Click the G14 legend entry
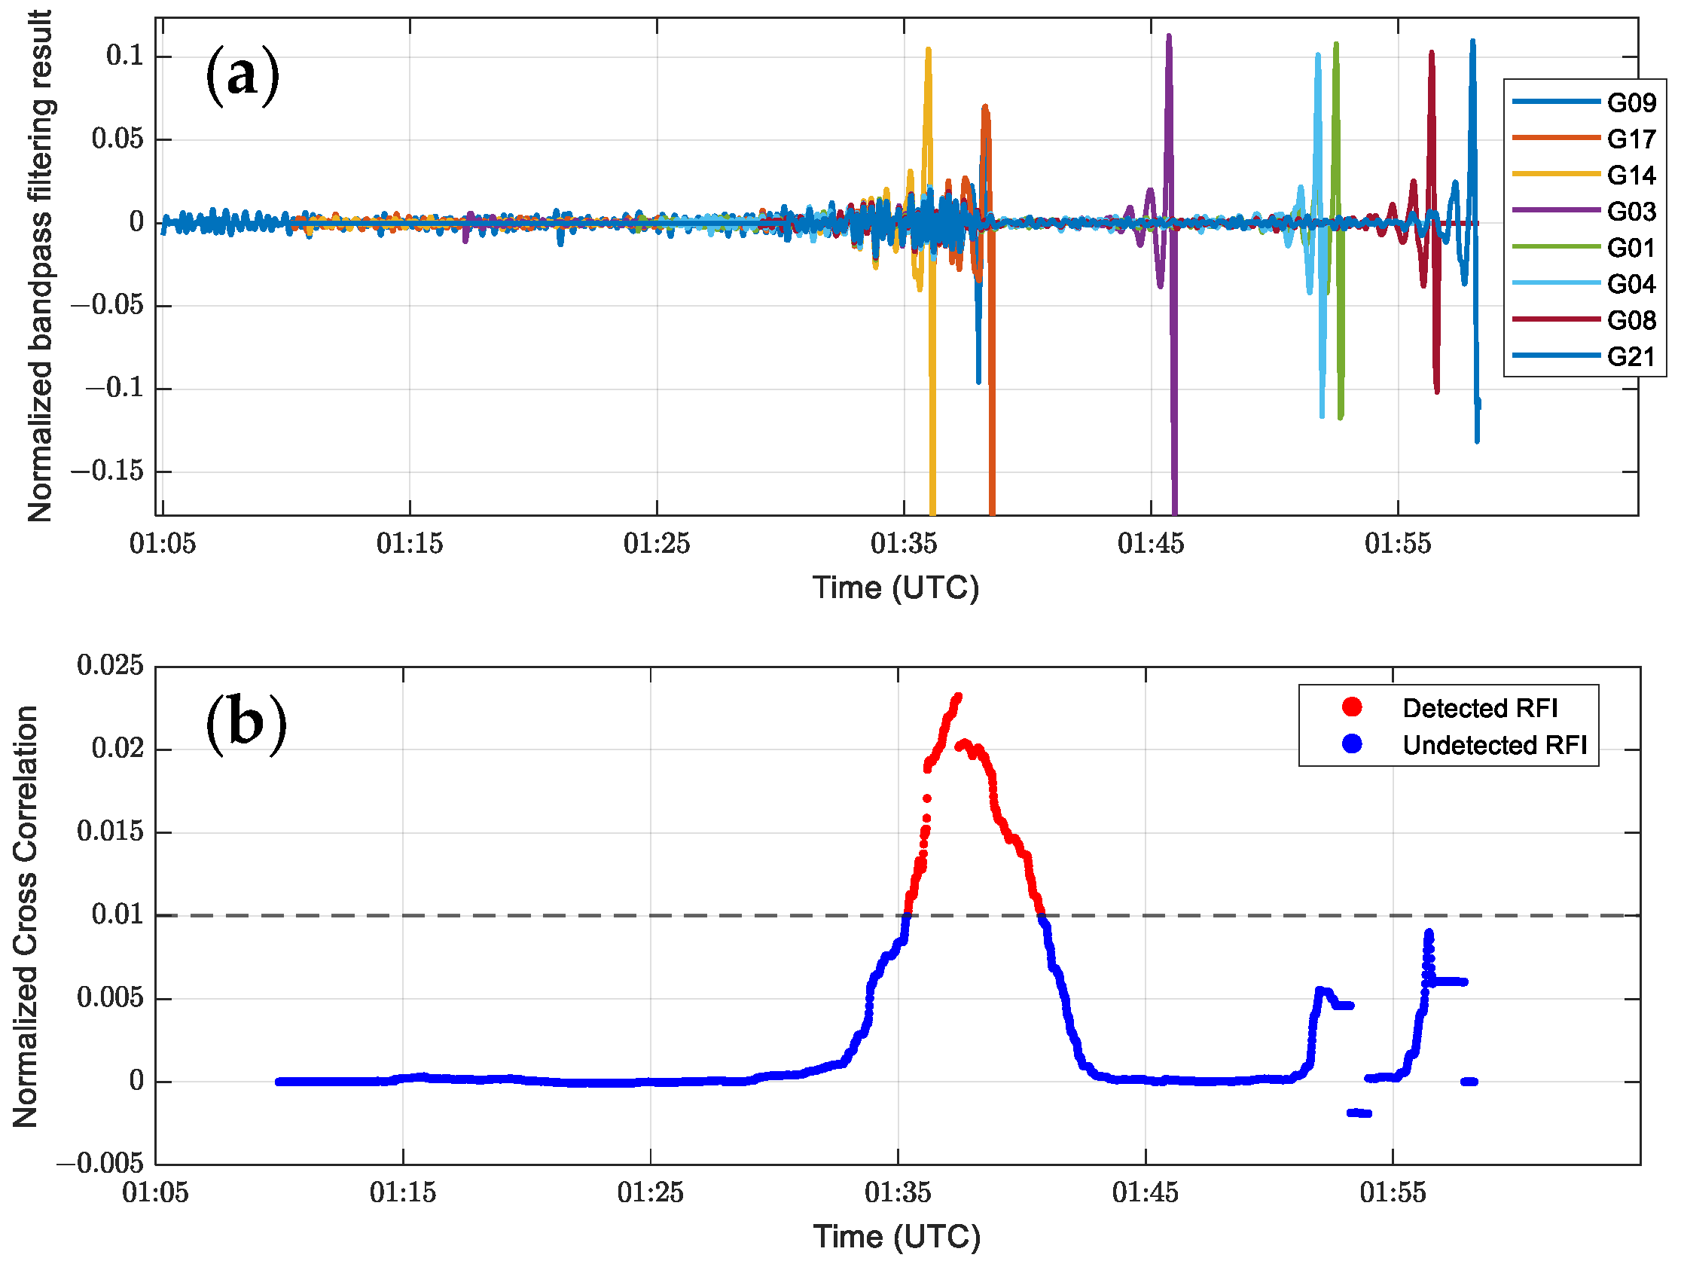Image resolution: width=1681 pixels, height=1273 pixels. (1585, 176)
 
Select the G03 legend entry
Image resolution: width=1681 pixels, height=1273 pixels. (1585, 211)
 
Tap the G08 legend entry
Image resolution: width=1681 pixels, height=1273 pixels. (1585, 320)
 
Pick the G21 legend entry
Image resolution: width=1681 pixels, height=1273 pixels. (1585, 356)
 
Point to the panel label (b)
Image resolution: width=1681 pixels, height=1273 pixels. (246, 723)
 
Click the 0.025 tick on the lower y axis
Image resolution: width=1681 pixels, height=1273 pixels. (109, 666)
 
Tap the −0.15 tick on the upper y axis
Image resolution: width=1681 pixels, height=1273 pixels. (106, 472)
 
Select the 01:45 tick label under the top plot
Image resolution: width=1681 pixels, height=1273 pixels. (1150, 544)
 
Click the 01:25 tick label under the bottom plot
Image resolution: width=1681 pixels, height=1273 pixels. (650, 1192)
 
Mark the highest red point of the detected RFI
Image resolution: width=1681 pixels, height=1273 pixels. (958, 696)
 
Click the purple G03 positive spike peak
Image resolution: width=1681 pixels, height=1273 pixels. (1169, 35)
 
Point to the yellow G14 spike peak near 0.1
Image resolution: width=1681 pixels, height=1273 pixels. (928, 50)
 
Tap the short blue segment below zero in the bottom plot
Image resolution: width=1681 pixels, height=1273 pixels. (1359, 1113)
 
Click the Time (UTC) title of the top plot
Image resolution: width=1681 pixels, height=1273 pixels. (895, 588)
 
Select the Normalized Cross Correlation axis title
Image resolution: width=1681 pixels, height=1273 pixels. (25, 916)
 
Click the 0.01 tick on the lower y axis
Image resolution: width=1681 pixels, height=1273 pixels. (117, 914)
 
